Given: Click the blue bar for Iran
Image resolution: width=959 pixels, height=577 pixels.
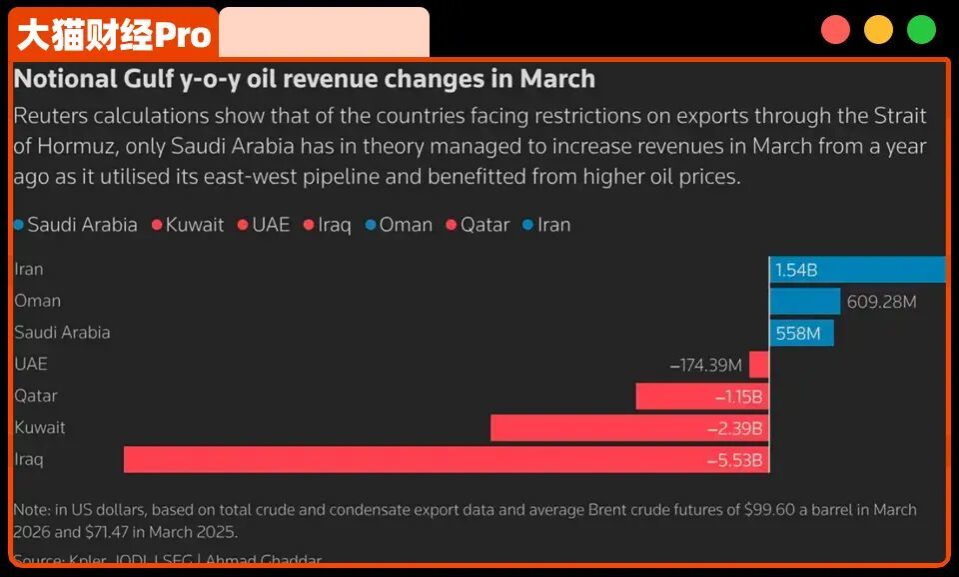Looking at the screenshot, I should tap(857, 269).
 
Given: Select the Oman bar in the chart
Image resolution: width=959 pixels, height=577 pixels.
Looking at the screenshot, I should tap(804, 301).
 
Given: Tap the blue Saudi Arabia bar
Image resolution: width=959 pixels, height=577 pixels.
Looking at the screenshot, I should tap(801, 333).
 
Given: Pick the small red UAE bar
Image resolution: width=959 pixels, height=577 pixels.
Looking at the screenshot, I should tap(759, 364).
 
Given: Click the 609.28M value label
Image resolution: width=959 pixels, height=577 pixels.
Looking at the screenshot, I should tap(881, 301).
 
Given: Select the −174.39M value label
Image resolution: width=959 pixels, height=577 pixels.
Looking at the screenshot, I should tap(706, 365).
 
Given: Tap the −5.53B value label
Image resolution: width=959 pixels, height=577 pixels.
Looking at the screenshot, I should tap(739, 460).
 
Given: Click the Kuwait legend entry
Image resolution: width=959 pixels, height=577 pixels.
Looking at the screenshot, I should tap(188, 225).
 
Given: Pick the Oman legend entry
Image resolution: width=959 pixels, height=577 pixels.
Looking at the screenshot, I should tap(399, 225).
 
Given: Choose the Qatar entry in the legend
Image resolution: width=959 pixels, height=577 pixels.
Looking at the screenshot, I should tap(479, 225).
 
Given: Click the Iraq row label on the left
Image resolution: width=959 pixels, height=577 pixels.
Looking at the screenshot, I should tap(29, 460).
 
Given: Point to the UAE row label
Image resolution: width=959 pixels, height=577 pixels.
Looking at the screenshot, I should tap(31, 364).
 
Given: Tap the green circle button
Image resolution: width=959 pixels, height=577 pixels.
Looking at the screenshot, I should tap(921, 30).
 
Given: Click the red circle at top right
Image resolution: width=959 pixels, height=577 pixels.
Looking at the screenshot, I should tap(835, 30).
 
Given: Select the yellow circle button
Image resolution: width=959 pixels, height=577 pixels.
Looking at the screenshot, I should tap(878, 30).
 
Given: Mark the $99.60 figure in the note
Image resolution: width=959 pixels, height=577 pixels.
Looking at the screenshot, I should tap(765, 510).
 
